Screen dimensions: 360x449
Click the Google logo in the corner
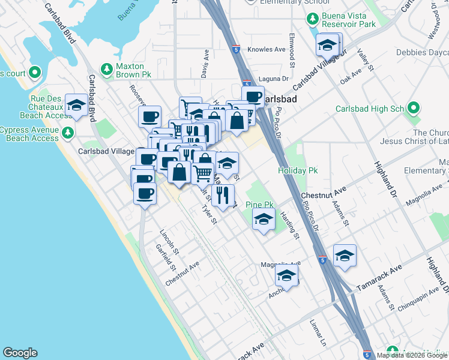[x=20, y=353]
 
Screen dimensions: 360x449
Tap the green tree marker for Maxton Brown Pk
[x=107, y=70]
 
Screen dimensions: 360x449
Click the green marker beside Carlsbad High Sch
[x=413, y=109]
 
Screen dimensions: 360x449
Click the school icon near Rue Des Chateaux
[x=77, y=106]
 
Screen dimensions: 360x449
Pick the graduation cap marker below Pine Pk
[x=263, y=220]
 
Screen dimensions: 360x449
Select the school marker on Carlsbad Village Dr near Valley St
[x=328, y=44]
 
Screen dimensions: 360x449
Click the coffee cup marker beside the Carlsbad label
[x=253, y=96]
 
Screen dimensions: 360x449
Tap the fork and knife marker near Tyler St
[x=223, y=194]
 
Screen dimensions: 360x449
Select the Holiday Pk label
[x=297, y=171]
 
